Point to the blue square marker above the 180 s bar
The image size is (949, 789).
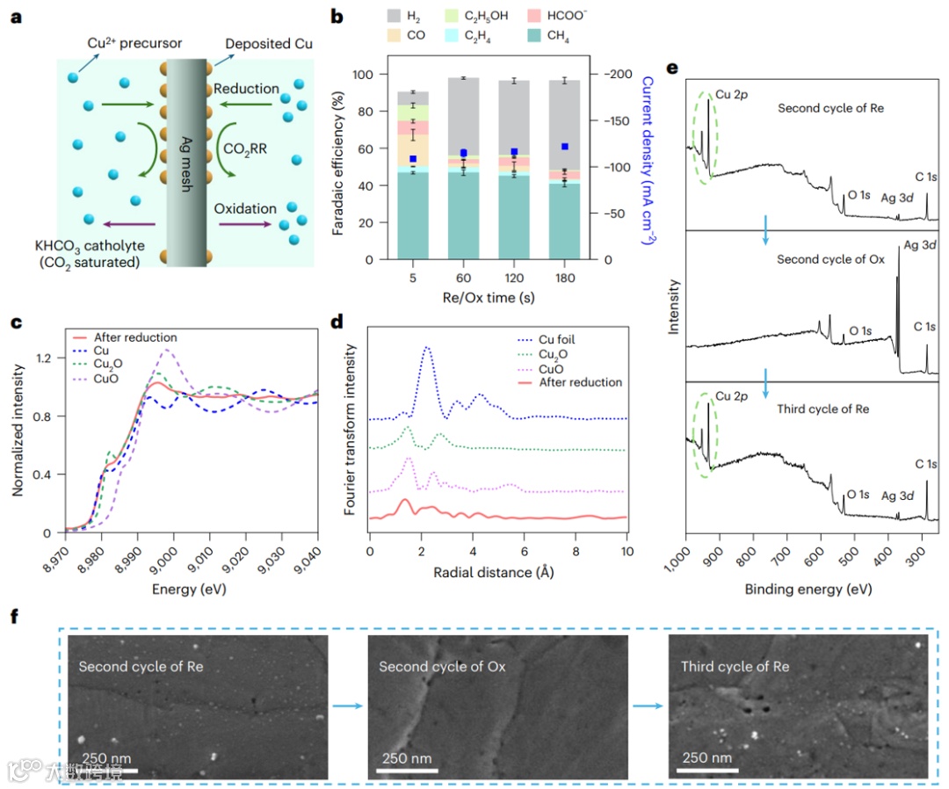coord(564,147)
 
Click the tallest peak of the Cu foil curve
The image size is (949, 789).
coord(428,347)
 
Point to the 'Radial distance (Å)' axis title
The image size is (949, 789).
coord(497,572)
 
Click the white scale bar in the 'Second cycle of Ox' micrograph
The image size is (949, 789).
coord(407,771)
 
